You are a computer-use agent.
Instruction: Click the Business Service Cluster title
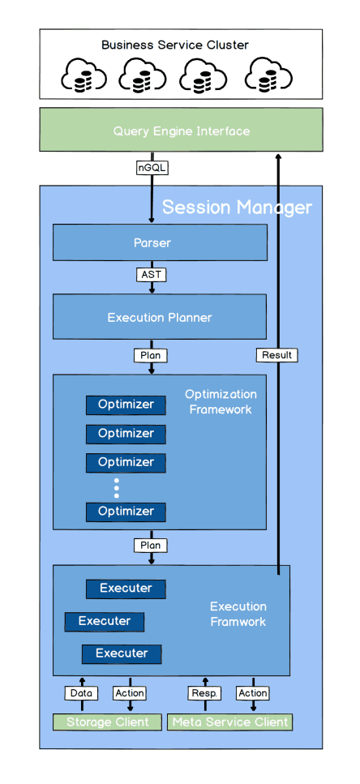[x=175, y=45]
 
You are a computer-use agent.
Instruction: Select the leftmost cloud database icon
[x=84, y=76]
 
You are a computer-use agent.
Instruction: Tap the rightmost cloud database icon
[x=269, y=76]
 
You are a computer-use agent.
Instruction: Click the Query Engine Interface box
[x=181, y=130]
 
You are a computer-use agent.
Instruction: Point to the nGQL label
[x=152, y=169]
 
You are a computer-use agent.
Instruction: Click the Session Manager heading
[x=237, y=208]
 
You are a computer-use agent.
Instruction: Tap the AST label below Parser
[x=152, y=275]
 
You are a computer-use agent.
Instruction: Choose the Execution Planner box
[x=160, y=317]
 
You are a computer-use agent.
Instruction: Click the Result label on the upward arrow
[x=277, y=355]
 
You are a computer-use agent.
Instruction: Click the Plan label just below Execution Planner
[x=152, y=355]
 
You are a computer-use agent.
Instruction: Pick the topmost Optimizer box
[x=126, y=405]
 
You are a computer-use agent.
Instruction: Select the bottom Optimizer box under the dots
[x=126, y=512]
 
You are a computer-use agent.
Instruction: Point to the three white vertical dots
[x=117, y=487]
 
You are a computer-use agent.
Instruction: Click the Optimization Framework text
[x=221, y=402]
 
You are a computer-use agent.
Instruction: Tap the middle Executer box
[x=105, y=622]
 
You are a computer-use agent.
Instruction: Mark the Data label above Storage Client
[x=81, y=693]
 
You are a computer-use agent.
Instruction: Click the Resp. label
[x=205, y=693]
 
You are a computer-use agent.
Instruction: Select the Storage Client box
[x=107, y=722]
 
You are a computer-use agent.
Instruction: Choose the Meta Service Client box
[x=229, y=722]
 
